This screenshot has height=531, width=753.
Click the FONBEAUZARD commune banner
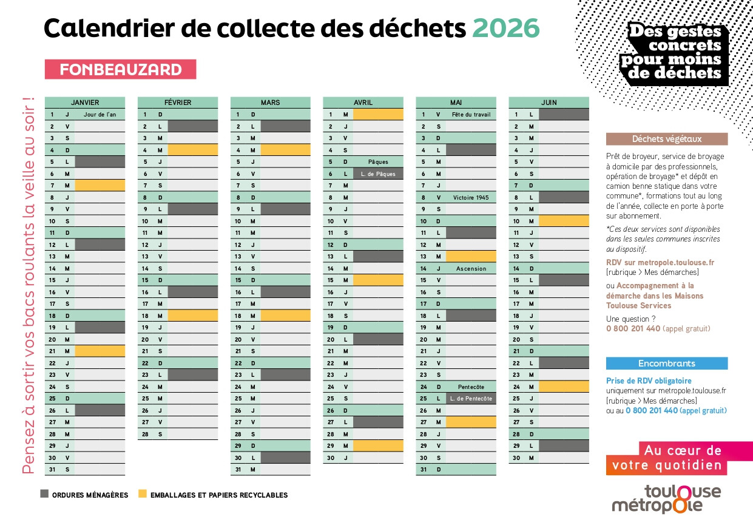click(x=120, y=69)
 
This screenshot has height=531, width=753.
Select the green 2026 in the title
click(x=505, y=28)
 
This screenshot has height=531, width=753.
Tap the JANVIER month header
click(x=85, y=103)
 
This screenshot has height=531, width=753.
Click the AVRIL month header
click(x=363, y=103)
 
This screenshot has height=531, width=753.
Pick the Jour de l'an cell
click(x=100, y=114)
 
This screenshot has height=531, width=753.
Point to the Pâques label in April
click(x=378, y=162)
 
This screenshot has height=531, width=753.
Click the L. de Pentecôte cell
click(x=470, y=399)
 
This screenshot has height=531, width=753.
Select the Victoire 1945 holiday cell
click(x=470, y=197)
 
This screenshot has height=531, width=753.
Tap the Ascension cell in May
click(x=470, y=268)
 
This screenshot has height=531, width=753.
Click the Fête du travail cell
click(x=470, y=114)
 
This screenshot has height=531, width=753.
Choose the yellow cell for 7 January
click(x=100, y=186)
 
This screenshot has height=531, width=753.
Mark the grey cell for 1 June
click(x=563, y=114)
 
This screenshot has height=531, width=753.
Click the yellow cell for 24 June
click(x=563, y=387)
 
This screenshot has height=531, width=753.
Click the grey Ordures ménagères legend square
click(x=44, y=494)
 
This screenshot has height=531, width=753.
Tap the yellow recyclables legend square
click(x=143, y=494)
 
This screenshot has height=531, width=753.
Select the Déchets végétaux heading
click(x=667, y=139)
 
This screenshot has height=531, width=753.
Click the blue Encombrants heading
click(x=667, y=364)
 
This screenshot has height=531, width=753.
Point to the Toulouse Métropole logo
click(x=666, y=498)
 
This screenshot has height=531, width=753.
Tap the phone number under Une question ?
click(x=633, y=329)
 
